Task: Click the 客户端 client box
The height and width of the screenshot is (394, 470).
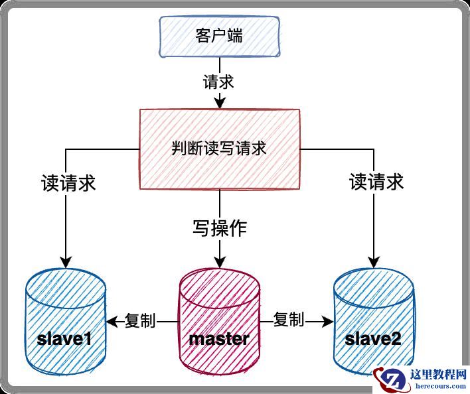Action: tap(218, 36)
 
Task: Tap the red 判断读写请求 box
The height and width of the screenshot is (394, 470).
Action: tap(218, 149)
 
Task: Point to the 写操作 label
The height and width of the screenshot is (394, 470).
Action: tap(219, 229)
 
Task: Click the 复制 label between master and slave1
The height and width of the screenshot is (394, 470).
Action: tap(140, 320)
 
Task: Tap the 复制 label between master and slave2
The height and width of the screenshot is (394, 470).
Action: tap(289, 320)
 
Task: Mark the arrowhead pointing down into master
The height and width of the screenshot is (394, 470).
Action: tap(219, 261)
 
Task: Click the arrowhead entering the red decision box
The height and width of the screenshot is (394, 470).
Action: tap(218, 103)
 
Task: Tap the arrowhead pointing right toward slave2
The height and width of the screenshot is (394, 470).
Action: tap(327, 321)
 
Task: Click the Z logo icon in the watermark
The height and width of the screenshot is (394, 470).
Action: tap(386, 379)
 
